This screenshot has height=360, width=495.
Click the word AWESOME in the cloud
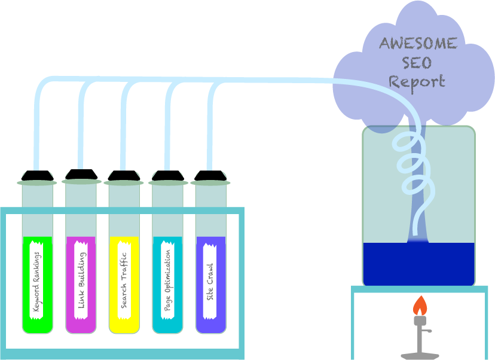pos(418,44)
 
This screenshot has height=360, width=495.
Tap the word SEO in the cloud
pos(417,62)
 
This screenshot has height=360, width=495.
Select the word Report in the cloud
pos(417,81)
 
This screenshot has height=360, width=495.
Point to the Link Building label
pos(81,279)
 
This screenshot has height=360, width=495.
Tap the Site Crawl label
pos(210,279)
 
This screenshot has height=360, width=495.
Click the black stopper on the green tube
pos(37,175)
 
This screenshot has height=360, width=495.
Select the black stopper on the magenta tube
pos(81,174)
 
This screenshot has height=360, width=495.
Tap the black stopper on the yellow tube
pos(124,176)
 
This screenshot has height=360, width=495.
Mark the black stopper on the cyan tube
pos(167,176)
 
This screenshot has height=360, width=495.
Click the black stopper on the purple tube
pos(210,176)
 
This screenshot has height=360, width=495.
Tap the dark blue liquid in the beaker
pos(418,263)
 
